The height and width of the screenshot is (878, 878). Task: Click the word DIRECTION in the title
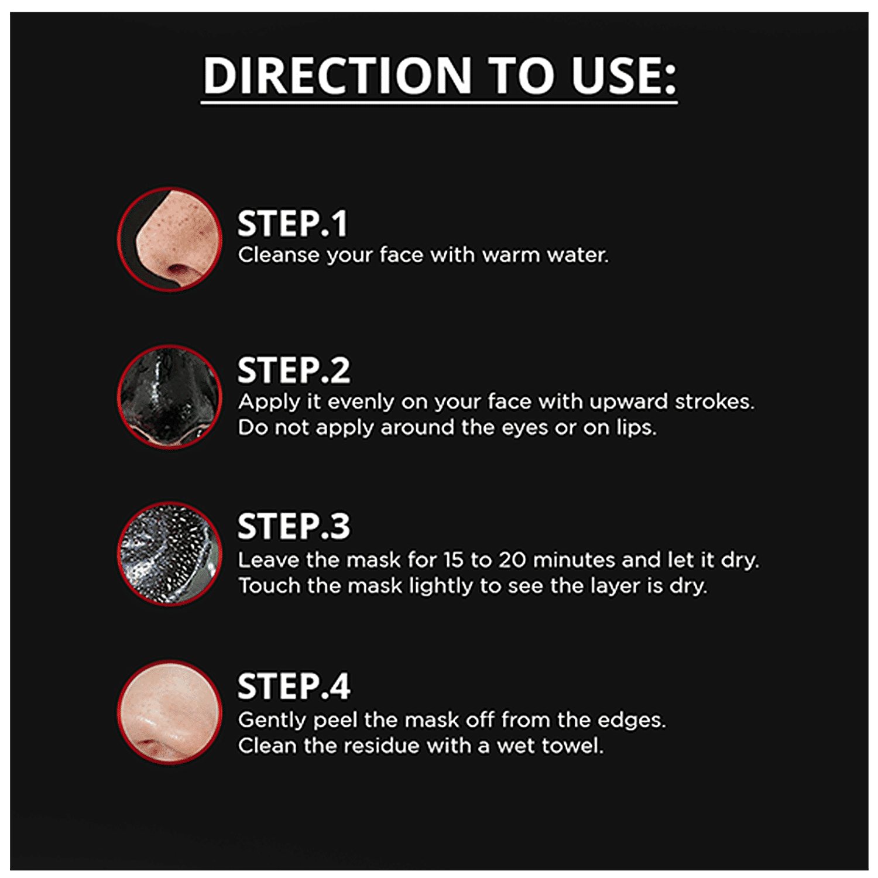[337, 76]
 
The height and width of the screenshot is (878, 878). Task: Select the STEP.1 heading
[292, 224]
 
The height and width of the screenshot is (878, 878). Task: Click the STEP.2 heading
[294, 371]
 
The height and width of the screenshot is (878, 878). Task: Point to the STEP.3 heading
[294, 526]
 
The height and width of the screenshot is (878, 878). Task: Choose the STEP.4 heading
[294, 686]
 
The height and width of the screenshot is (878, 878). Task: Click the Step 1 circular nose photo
[170, 239]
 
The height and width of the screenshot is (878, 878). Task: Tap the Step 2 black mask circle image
[170, 397]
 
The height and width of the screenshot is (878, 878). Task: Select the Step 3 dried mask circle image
[170, 554]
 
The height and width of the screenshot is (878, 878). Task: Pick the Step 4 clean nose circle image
[170, 712]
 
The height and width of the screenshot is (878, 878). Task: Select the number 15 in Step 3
[453, 560]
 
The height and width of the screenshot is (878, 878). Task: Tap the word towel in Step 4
[579, 746]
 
